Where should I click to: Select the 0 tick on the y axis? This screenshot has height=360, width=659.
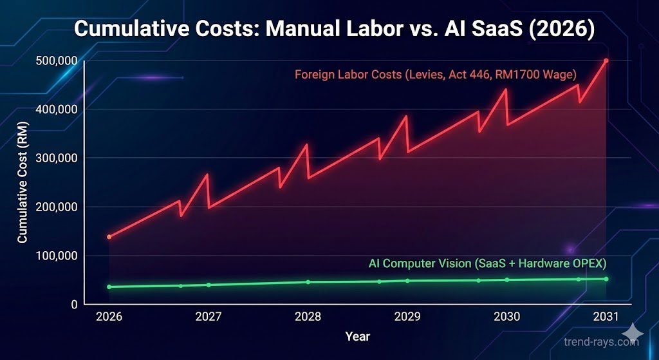[x=74, y=304]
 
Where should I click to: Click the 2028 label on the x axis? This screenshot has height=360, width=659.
[x=308, y=317]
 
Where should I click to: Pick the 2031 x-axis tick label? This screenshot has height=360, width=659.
[x=606, y=317]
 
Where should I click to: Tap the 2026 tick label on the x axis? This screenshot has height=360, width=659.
[x=109, y=317]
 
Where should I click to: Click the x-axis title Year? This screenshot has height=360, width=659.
[x=357, y=336]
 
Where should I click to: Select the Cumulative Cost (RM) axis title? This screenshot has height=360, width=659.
[x=23, y=193]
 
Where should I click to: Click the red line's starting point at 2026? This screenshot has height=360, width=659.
[x=109, y=237]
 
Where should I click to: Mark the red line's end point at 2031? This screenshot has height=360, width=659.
[x=606, y=61]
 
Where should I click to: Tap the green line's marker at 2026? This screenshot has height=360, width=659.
[x=109, y=287]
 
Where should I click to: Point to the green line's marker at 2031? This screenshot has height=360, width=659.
[x=606, y=279]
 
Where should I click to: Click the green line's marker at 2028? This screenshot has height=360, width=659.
[x=308, y=282]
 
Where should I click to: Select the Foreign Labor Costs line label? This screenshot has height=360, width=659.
[x=435, y=74]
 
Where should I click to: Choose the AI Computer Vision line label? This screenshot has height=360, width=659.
[x=487, y=263]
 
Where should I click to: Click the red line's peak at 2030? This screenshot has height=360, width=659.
[x=506, y=90]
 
